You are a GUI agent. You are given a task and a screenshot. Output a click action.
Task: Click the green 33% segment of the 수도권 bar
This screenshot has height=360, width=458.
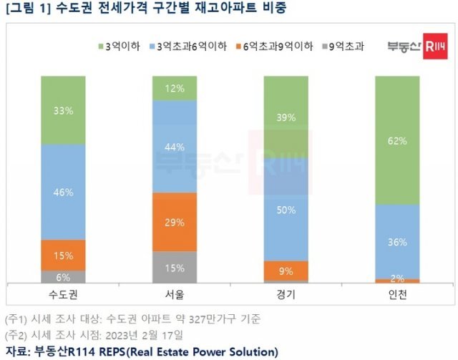click(63, 110)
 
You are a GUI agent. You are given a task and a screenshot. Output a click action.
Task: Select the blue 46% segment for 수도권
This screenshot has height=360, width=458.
click(63, 193)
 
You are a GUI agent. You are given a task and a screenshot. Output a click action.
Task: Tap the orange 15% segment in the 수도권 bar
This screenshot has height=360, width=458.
click(63, 255)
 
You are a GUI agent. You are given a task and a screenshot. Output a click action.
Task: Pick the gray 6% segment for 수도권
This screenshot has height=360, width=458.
click(63, 276)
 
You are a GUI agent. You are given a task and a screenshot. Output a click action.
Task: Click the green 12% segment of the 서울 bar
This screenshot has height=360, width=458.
click(175, 88)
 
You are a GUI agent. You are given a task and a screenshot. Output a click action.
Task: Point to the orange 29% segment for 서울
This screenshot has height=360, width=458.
click(175, 222)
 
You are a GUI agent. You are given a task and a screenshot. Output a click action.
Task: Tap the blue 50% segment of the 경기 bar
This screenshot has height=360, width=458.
click(286, 209)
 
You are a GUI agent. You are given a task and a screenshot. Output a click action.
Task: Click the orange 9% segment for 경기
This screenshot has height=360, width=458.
click(286, 271)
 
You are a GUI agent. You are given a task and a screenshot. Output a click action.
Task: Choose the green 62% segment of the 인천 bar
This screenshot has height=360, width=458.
click(398, 140)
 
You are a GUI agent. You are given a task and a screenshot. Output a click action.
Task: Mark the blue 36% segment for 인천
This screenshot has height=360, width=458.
click(398, 241)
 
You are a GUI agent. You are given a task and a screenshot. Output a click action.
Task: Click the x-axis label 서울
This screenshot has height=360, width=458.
click(175, 295)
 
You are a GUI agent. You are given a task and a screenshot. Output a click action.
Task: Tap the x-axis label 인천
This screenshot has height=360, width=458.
click(398, 295)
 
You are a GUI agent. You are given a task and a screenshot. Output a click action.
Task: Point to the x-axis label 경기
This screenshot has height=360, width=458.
click(286, 295)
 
